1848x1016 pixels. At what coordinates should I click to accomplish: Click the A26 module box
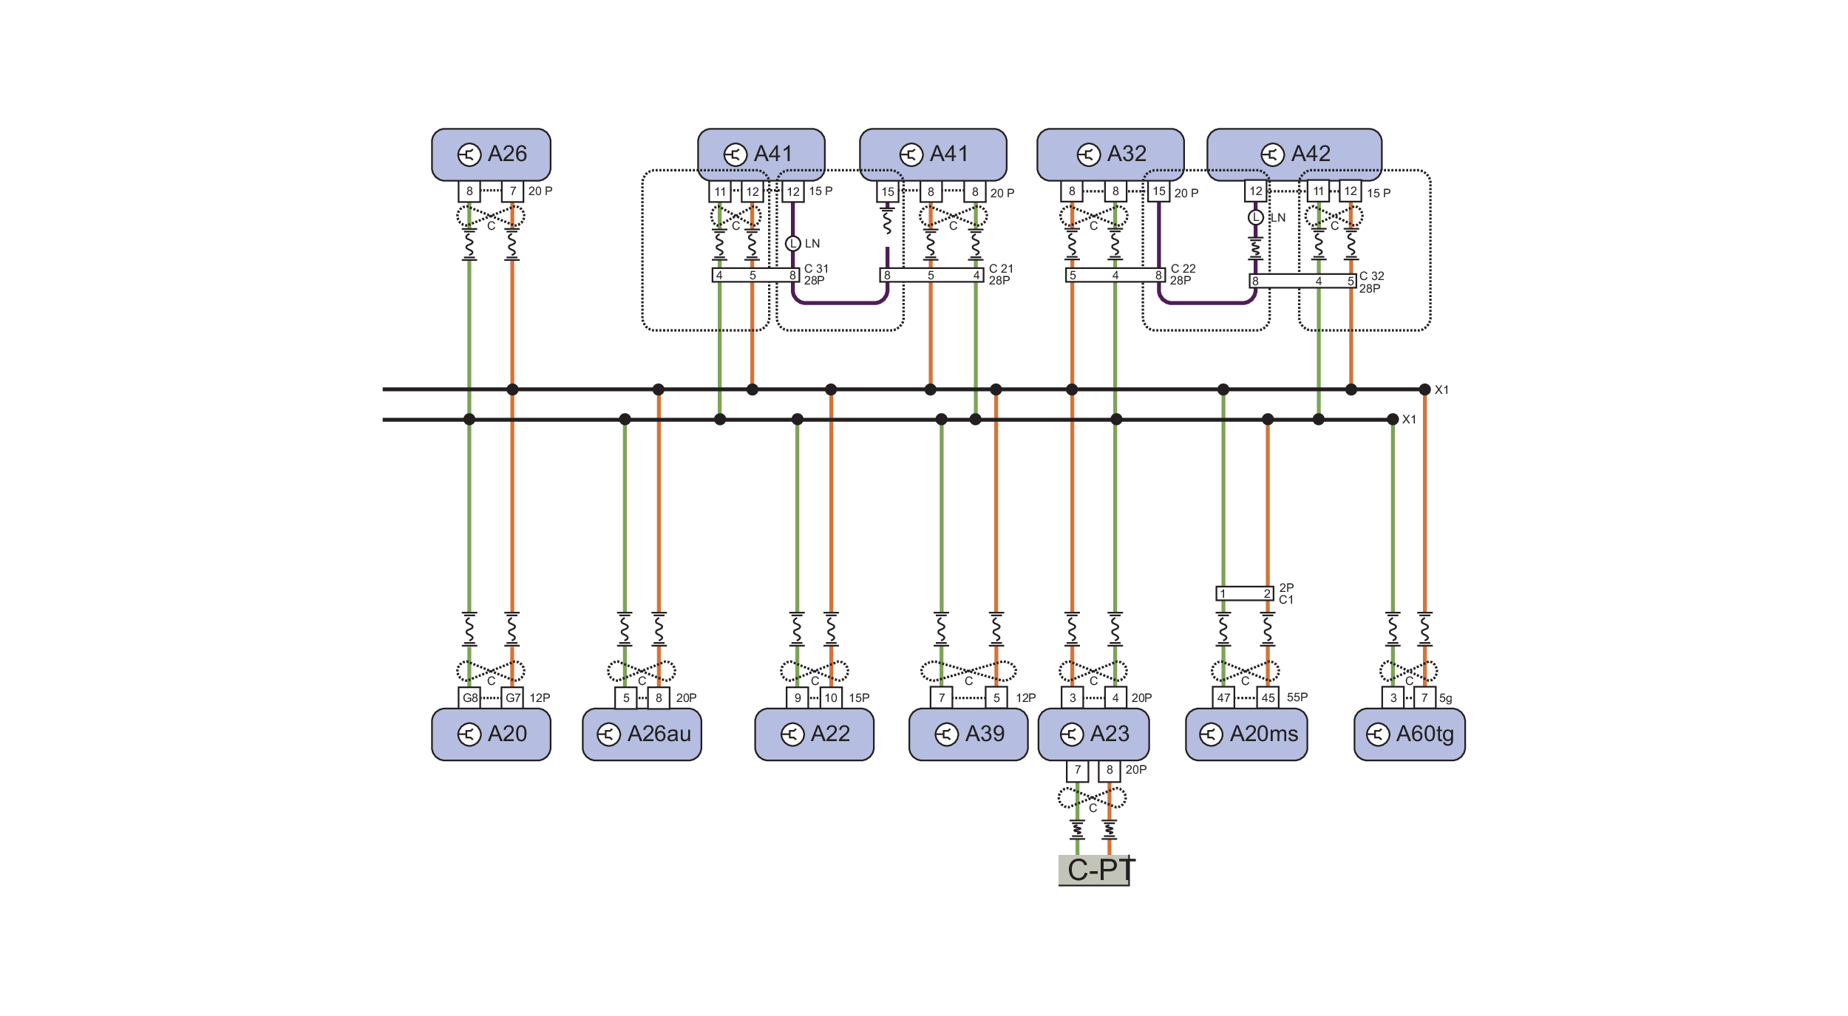click(x=491, y=154)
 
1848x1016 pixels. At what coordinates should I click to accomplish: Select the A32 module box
click(x=1110, y=154)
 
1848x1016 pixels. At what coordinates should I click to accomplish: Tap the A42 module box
click(x=1294, y=154)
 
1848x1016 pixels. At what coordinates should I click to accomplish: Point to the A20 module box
click(x=491, y=734)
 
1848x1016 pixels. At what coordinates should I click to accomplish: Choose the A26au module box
click(x=642, y=734)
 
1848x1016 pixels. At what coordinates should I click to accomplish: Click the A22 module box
click(x=814, y=734)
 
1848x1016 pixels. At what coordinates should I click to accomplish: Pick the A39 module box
click(x=968, y=734)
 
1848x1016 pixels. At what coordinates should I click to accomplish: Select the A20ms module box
click(x=1246, y=734)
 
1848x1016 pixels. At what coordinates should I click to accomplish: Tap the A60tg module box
click(x=1409, y=734)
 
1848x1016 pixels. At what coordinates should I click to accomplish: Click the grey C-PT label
click(x=1095, y=870)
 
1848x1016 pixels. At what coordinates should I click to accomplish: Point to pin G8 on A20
click(x=470, y=698)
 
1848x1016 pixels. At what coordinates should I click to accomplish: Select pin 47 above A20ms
click(x=1223, y=698)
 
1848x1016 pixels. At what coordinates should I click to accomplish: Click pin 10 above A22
click(x=831, y=698)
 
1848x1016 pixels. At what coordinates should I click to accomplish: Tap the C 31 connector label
click(x=816, y=269)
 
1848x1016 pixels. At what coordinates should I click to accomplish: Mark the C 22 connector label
click(x=1183, y=269)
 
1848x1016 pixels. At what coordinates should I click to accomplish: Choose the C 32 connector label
click(x=1371, y=276)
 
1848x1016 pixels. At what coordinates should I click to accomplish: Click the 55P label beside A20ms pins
click(x=1297, y=697)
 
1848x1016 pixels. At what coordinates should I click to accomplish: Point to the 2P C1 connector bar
click(x=1245, y=593)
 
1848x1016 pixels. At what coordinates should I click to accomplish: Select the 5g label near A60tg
click(x=1445, y=698)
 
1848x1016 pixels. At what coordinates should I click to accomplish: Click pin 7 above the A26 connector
click(x=512, y=191)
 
